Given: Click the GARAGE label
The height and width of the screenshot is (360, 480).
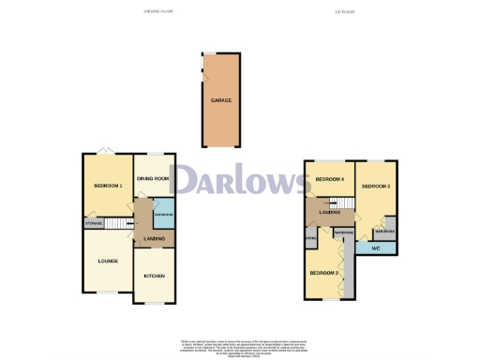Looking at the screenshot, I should [221, 99].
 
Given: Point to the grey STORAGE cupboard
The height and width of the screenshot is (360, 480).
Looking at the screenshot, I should [93, 223].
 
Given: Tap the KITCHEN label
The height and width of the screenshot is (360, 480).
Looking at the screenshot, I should [154, 276].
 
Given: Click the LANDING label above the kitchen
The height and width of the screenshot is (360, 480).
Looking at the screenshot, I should [154, 239].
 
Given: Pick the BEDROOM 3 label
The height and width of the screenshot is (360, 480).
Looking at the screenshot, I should [376, 186].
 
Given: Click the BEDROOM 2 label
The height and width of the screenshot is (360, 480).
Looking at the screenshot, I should [323, 272].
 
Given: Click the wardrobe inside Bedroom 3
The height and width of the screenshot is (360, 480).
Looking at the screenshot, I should [384, 232].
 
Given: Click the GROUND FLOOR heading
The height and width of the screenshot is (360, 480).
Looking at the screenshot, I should [158, 11].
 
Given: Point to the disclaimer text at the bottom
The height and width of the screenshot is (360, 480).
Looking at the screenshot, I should [239, 346].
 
